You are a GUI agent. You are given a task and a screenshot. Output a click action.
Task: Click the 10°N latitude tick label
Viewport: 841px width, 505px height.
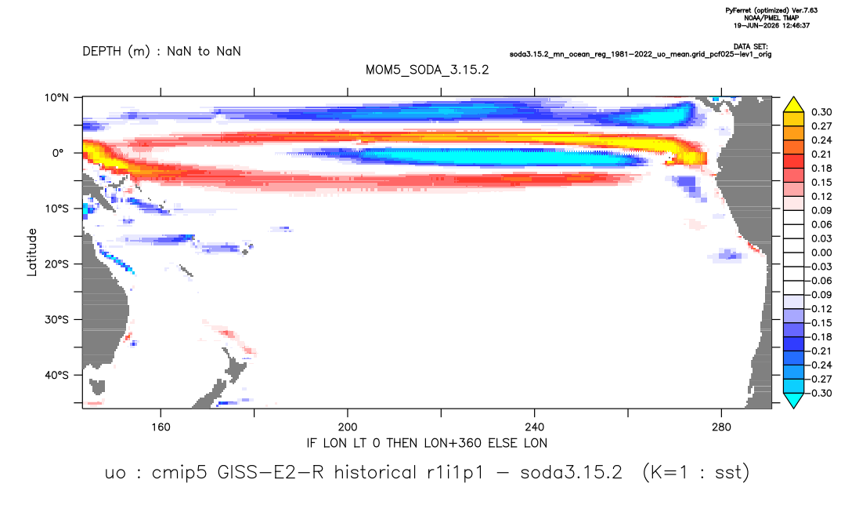pos(56,97)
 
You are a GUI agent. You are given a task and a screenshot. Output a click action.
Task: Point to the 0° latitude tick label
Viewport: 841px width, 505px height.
pos(58,153)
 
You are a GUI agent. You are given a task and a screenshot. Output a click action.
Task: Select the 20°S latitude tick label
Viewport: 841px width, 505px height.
pos(56,263)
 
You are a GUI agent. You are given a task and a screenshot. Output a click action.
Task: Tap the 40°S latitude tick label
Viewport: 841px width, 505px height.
pos(56,375)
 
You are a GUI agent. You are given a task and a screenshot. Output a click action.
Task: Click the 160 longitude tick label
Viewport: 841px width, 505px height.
pos(161,427)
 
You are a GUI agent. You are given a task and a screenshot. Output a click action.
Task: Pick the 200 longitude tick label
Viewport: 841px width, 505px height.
pos(348,427)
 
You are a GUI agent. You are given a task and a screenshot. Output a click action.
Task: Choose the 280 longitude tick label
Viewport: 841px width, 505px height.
pos(721,427)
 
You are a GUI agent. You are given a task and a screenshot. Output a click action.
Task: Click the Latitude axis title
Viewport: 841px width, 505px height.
pos(32,252)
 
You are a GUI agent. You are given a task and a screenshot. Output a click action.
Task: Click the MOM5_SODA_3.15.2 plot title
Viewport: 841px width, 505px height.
pos(427,70)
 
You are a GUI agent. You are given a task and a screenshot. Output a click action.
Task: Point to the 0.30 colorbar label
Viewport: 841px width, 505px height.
pos(821,112)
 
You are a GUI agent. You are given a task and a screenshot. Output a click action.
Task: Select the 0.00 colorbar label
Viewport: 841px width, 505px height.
pos(821,252)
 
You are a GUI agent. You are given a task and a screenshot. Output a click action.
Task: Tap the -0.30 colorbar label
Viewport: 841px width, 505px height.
pos(819,393)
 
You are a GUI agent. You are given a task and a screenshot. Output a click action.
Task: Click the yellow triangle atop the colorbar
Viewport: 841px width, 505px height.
pos(793,105)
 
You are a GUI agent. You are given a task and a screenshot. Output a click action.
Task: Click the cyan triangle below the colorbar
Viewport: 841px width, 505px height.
pos(793,400)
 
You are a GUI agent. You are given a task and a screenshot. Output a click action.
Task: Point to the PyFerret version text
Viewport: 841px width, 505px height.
pos(771,10)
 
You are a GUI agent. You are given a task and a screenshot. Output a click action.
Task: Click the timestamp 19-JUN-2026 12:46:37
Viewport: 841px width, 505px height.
pos(771,25)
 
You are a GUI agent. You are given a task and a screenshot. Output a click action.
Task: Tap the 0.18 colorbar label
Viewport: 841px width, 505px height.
pos(821,168)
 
